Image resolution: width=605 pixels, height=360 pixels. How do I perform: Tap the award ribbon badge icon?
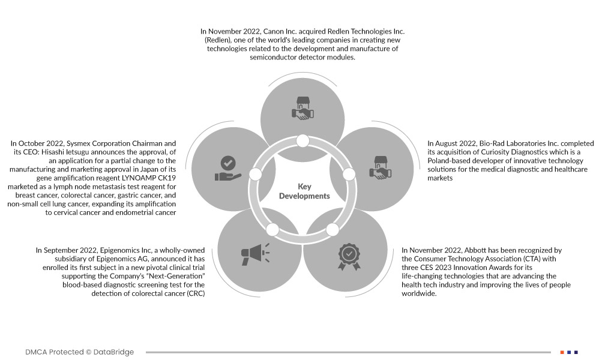click(349, 256)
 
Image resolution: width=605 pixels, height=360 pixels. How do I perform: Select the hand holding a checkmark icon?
click(227, 169)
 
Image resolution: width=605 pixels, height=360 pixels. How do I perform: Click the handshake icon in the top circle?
click(302, 107)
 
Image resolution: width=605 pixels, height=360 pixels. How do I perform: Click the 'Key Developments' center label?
click(304, 191)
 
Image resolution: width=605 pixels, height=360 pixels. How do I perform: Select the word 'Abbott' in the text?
click(484, 250)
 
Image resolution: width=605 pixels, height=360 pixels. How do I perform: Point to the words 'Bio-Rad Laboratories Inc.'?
click(513, 144)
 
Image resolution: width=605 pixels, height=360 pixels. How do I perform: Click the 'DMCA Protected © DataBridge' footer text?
click(80, 352)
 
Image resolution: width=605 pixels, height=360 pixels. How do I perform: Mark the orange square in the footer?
click(562, 352)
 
